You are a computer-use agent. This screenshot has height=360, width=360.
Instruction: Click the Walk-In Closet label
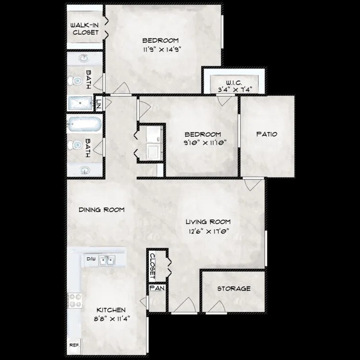tap(84, 29)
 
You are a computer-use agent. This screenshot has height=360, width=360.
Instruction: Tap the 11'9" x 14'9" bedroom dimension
tap(162, 49)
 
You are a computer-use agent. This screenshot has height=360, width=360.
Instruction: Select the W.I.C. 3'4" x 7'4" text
tap(235, 86)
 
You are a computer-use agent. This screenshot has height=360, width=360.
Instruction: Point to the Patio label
tap(267, 134)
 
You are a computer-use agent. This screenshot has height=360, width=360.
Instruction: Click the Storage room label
tap(234, 288)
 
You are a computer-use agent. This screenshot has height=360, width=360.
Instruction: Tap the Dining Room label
tap(101, 210)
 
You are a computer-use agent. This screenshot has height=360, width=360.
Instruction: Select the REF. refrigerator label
tap(74, 345)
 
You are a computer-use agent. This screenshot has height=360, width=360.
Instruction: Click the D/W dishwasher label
tap(91, 259)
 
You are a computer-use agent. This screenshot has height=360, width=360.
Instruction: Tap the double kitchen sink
tap(107, 261)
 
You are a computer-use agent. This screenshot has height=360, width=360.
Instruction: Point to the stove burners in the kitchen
tap(75, 301)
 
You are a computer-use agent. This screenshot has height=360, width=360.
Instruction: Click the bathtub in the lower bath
tap(84, 124)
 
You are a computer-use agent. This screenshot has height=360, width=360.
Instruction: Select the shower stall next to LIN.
tap(80, 103)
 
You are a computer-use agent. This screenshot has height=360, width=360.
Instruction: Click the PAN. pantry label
tap(157, 288)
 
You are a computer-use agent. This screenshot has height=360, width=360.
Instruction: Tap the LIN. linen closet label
tap(99, 105)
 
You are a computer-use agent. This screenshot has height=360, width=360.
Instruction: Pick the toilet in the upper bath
tap(75, 81)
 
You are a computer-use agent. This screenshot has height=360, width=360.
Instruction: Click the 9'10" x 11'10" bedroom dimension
tap(205, 143)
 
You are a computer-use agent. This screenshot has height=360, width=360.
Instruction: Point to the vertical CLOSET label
tap(152, 266)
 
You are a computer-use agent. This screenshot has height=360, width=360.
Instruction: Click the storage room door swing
tap(217, 306)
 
